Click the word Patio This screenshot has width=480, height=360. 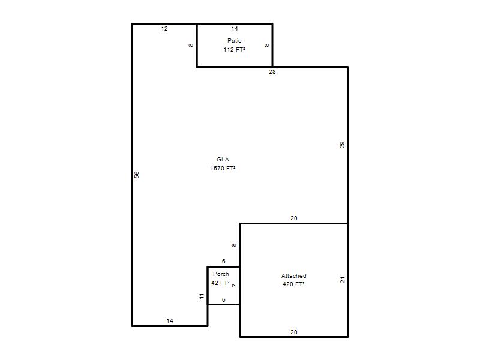[x=235, y=40]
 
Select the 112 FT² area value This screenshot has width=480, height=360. [x=234, y=49]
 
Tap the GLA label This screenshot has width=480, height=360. [x=223, y=159]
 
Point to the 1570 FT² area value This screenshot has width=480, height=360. [x=223, y=168]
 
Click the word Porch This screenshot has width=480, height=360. [x=221, y=274]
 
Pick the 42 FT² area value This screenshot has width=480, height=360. [x=220, y=283]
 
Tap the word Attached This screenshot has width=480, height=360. [x=294, y=275]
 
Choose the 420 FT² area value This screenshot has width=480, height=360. [x=293, y=284]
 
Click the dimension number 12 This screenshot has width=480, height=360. [x=164, y=29]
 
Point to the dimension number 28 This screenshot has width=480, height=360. [x=272, y=72]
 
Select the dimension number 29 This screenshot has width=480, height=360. [x=342, y=145]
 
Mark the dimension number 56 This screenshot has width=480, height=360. [x=137, y=175]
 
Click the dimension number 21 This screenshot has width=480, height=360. [x=343, y=280]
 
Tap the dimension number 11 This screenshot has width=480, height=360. [x=202, y=296]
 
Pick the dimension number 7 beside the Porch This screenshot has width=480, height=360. [x=235, y=286]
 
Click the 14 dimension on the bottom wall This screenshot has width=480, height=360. [x=170, y=321]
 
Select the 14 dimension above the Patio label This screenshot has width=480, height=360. [x=235, y=29]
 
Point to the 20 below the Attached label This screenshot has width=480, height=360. [x=294, y=332]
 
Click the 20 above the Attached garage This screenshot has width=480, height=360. [x=294, y=218]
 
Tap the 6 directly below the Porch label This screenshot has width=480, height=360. [x=223, y=299]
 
